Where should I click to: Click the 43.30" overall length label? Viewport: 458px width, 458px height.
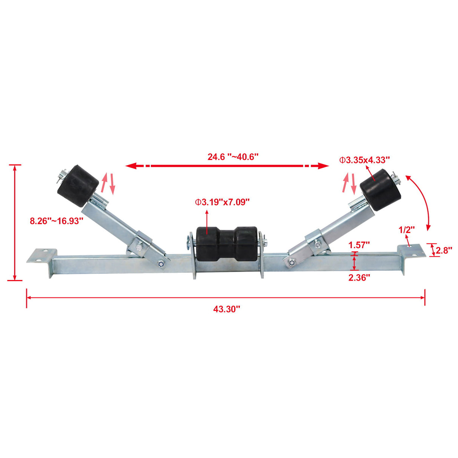click(x=226, y=309)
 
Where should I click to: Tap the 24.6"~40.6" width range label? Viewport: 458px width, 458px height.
click(x=233, y=157)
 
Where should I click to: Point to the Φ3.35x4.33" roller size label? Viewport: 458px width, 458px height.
click(x=364, y=160)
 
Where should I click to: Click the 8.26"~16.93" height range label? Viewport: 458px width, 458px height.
click(x=57, y=221)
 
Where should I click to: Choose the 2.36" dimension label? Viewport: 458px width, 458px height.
click(x=359, y=278)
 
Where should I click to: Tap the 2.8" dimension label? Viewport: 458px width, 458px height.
click(x=444, y=250)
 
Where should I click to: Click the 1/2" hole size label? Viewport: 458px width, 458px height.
click(x=407, y=229)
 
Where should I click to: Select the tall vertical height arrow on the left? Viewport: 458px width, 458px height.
click(x=15, y=223)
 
